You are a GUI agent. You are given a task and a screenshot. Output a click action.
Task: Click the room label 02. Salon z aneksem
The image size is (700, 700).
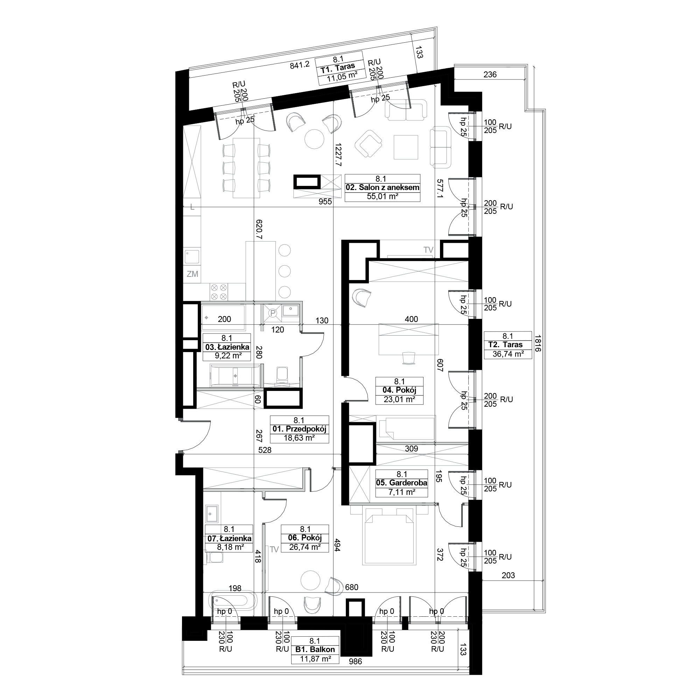click(383, 188)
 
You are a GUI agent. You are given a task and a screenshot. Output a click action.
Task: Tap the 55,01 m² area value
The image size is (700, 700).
click(383, 197)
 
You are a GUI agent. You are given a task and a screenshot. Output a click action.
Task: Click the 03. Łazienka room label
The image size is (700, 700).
click(227, 347)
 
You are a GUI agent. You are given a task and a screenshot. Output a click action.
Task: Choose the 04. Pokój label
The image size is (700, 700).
click(399, 390)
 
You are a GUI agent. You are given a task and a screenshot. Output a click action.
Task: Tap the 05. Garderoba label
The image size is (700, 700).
click(401, 483)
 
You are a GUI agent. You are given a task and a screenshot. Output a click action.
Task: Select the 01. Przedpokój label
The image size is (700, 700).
click(299, 429)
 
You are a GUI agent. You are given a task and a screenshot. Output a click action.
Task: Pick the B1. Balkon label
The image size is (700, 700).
click(315, 650)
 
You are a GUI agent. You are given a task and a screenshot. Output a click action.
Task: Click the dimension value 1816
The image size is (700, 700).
click(538, 343)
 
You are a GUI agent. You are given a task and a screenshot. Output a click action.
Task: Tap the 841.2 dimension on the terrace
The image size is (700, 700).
click(300, 65)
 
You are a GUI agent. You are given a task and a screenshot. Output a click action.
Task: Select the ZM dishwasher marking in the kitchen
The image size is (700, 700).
click(192, 274)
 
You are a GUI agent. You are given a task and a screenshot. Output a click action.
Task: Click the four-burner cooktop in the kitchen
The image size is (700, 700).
click(219, 292)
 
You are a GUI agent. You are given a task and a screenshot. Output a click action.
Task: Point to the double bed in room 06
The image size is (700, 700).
click(389, 535)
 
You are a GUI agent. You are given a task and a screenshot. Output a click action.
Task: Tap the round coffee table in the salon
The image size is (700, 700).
click(314, 139)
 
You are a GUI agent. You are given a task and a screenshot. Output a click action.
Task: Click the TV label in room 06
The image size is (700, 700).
click(274, 549)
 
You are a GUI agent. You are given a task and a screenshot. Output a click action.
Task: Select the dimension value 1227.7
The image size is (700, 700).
click(338, 154)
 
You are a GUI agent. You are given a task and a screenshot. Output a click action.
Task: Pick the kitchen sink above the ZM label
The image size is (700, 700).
click(192, 257)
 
